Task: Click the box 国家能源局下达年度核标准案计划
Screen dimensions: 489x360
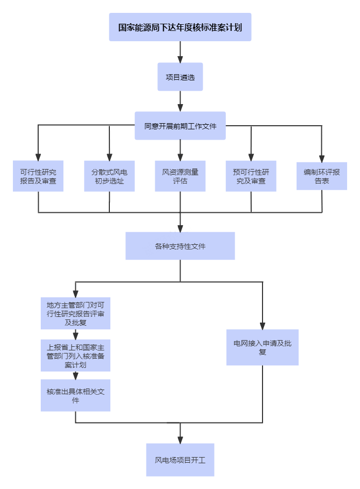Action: coord(180,27)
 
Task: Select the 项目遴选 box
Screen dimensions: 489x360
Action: coord(180,77)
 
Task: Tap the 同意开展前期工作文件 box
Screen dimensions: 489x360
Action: coord(180,126)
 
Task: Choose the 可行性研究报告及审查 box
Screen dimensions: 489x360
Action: coord(38,176)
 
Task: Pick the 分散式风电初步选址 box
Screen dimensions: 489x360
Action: coord(109,176)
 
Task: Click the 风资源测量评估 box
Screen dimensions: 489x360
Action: coord(180,176)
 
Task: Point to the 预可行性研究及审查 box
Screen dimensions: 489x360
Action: coord(251,176)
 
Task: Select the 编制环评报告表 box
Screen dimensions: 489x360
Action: coord(322,176)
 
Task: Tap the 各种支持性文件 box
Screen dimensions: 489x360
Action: coord(180,246)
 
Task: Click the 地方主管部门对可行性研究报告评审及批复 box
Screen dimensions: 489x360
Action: coord(75,313)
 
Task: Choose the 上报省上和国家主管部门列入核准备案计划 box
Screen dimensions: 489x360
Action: coord(75,355)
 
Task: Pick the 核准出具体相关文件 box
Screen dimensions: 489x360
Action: coord(75,395)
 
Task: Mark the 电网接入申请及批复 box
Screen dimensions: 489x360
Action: coord(263,347)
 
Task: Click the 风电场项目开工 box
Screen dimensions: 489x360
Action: coord(180,460)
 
